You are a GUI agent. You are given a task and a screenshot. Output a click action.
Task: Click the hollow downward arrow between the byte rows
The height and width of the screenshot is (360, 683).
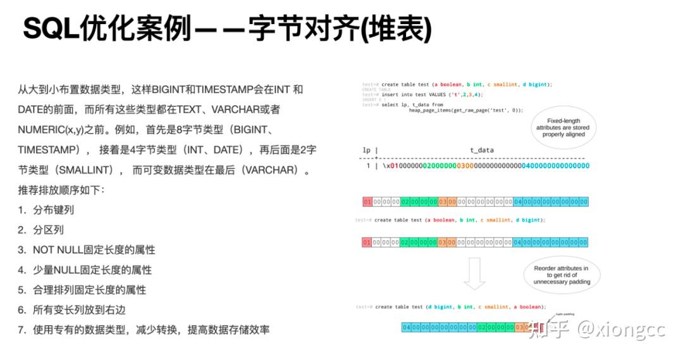point(474,273)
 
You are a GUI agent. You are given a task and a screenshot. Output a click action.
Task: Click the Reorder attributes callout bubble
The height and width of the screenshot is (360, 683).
point(561,275)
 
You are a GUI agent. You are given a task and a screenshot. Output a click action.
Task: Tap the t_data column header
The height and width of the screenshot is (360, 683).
point(481,151)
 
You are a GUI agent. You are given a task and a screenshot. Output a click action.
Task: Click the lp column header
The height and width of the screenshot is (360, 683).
point(366,151)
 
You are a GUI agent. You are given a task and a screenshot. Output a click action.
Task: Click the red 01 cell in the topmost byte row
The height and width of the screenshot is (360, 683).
point(367,202)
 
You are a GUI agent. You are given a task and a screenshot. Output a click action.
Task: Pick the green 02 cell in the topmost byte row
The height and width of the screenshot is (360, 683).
point(405,202)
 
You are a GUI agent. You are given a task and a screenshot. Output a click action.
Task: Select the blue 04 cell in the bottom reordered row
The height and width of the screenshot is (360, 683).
point(407,327)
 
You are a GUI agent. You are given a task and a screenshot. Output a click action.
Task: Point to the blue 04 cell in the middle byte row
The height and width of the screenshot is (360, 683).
point(518,242)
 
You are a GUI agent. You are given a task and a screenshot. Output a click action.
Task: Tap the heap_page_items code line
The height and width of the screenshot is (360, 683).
point(465,110)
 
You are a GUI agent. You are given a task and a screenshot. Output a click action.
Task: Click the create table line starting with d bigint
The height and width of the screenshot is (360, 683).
point(458,307)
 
